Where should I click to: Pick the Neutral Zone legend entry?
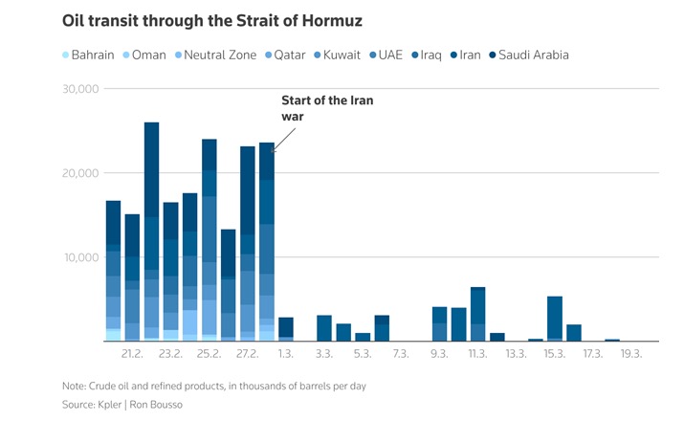(x=218, y=55)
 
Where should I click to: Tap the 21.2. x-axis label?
(x=132, y=354)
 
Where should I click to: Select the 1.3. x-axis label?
(x=286, y=354)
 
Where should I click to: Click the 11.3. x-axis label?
(x=477, y=354)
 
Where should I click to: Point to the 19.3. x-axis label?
(x=631, y=354)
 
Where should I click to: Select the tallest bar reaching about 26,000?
(x=151, y=231)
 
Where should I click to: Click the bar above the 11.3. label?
(x=477, y=314)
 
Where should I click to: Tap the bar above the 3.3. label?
(x=324, y=328)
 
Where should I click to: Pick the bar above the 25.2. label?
(x=209, y=240)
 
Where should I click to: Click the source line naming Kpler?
(x=121, y=406)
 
